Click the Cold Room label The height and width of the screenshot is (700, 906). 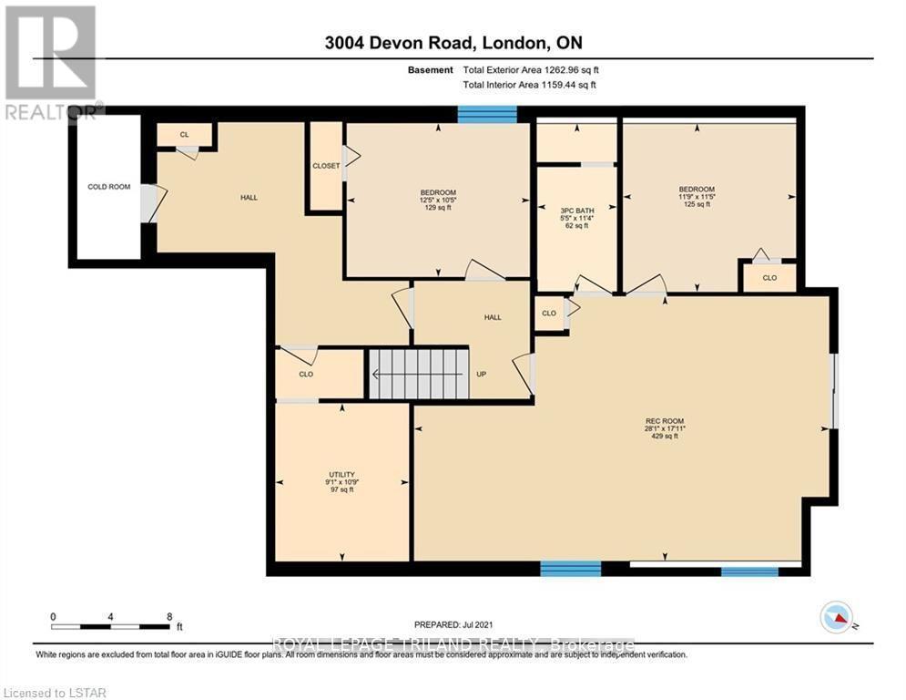click(108, 187)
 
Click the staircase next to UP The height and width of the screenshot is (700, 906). click(418, 374)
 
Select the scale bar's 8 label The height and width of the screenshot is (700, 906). click(169, 616)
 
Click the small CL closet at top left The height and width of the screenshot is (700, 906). click(184, 135)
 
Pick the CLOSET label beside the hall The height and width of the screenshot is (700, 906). click(325, 166)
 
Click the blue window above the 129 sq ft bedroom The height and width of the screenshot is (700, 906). click(486, 114)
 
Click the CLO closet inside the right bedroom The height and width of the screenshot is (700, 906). click(769, 278)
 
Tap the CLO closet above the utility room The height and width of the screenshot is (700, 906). click(306, 374)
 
